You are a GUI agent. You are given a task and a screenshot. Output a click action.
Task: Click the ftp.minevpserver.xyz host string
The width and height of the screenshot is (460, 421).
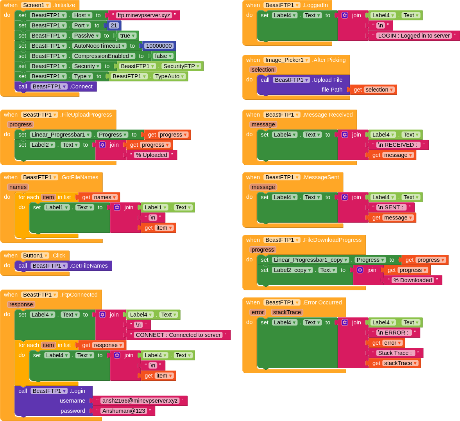(144, 15)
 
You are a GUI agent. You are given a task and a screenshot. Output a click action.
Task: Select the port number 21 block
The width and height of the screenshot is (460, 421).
(114, 25)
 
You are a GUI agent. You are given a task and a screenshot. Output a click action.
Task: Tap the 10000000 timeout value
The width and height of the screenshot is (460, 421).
(159, 46)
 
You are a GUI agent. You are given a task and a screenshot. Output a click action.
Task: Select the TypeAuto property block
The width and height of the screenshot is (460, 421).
(169, 76)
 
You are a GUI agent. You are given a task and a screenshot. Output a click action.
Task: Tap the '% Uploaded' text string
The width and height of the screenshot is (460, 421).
(151, 155)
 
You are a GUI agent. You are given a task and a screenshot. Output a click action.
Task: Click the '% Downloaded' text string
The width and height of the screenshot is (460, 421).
(412, 280)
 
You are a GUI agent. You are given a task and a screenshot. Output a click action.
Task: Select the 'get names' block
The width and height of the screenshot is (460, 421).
(99, 197)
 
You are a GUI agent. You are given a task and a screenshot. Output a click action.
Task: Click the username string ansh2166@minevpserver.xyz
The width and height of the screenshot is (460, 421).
(140, 401)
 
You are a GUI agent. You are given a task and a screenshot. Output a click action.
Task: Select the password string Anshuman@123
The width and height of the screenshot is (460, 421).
(124, 411)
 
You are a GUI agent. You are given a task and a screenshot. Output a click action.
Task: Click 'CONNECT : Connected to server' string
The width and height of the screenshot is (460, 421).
(178, 335)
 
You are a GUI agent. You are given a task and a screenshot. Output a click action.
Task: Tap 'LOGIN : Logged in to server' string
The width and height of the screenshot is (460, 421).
(414, 36)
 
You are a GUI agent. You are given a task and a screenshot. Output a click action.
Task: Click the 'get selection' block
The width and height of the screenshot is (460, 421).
(374, 90)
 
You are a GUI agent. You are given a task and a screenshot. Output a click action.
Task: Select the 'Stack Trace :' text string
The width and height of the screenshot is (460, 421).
(396, 353)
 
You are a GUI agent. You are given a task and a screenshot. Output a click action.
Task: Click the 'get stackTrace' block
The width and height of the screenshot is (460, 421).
(394, 363)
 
